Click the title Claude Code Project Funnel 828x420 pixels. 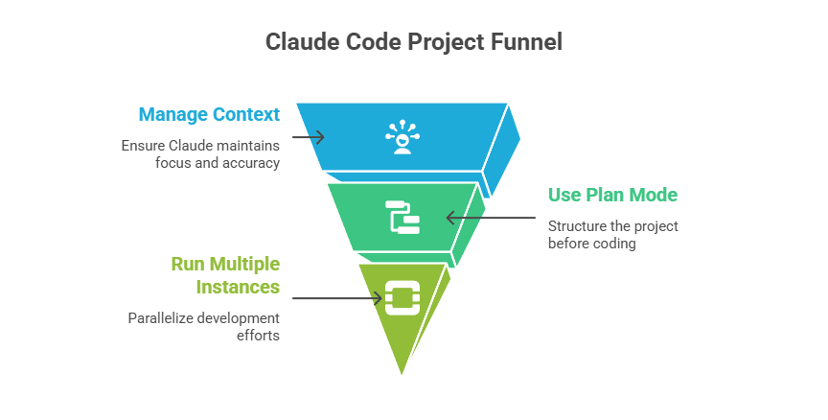click(413, 42)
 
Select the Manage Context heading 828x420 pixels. click(209, 115)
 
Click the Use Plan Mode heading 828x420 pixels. click(612, 196)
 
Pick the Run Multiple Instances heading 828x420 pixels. click(225, 274)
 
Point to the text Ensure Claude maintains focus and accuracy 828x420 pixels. click(200, 154)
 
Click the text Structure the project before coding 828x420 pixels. click(613, 235)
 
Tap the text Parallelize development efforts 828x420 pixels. click(204, 327)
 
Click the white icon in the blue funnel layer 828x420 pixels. click(402, 137)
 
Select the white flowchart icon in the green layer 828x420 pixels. click(402, 218)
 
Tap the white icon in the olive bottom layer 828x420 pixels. click(402, 297)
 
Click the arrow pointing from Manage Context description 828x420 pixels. click(307, 137)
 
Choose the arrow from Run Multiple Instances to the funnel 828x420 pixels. click(335, 298)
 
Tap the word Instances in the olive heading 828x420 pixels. click(238, 287)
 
